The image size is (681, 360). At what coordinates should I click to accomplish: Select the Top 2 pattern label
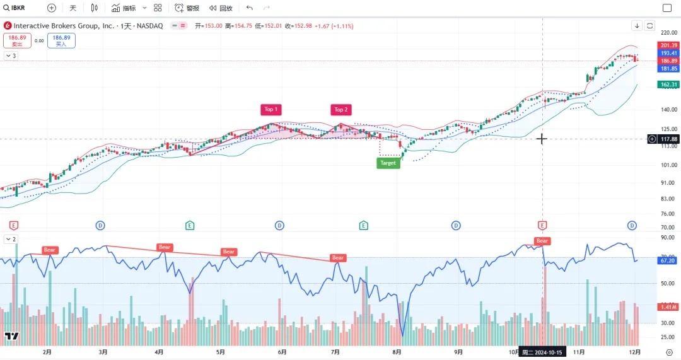pyautogui.click(x=341, y=110)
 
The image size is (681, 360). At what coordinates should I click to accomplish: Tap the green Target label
pyautogui.click(x=388, y=163)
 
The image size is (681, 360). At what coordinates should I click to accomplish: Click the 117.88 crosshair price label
pyautogui.click(x=669, y=139)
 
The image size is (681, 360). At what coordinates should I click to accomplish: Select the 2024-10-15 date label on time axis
pyautogui.click(x=542, y=352)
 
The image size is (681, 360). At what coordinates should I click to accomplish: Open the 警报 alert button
pyautogui.click(x=187, y=8)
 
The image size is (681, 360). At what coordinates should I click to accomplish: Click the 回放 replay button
pyautogui.click(x=221, y=8)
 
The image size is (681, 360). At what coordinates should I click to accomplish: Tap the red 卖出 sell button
pyautogui.click(x=17, y=41)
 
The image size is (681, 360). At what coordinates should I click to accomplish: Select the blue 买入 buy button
pyautogui.click(x=61, y=41)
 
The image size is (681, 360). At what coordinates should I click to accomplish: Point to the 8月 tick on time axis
pyautogui.click(x=397, y=352)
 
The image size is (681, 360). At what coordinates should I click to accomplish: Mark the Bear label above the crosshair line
pyautogui.click(x=542, y=241)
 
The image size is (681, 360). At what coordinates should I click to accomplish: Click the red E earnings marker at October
pyautogui.click(x=542, y=225)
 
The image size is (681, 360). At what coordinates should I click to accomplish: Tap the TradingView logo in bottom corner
pyautogui.click(x=11, y=336)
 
